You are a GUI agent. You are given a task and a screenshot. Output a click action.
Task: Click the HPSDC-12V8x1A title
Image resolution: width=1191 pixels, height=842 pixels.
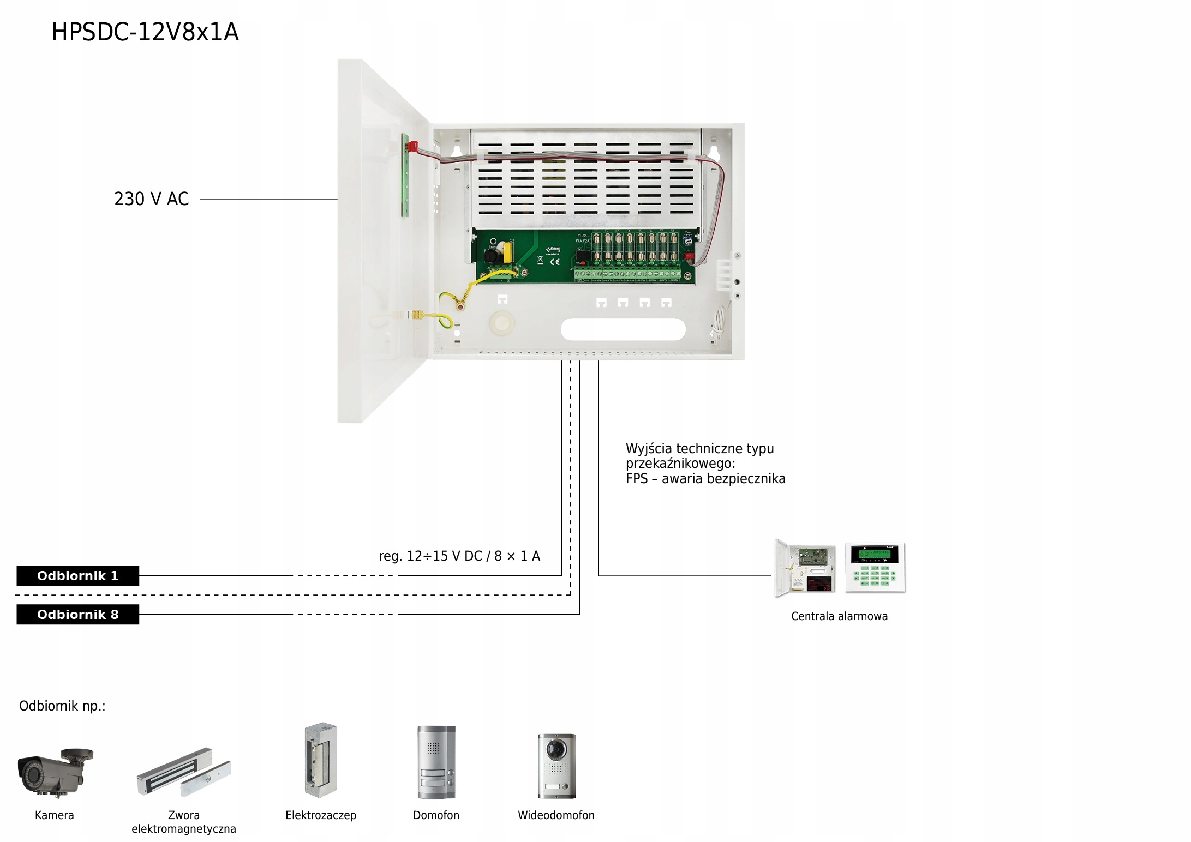coord(145,32)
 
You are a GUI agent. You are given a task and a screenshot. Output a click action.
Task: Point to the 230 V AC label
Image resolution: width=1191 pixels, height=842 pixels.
coord(151,199)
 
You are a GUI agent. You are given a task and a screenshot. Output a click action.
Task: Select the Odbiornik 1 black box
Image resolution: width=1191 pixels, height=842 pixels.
coord(77,576)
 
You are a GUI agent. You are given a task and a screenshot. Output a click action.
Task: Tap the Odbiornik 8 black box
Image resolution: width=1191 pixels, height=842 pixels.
coord(77,615)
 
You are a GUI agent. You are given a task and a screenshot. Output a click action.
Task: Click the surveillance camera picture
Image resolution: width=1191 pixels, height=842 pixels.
coord(55,770)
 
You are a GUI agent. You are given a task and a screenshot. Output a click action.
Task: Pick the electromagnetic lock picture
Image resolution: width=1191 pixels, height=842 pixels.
coord(183,772)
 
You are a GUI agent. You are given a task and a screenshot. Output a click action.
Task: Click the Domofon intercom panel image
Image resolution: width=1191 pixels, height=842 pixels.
coord(436,762)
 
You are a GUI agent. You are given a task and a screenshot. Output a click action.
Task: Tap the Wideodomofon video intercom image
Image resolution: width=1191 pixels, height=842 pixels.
coord(556,766)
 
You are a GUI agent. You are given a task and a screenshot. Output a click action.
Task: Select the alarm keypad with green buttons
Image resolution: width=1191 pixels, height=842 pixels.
coord(875,568)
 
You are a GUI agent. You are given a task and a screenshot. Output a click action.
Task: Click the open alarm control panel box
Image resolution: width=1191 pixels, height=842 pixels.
coord(805,568)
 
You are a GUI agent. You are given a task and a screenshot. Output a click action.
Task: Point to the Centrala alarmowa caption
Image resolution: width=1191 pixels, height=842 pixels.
coord(839,616)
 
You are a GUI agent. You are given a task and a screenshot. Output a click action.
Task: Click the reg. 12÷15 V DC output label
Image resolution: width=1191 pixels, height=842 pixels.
coord(459,556)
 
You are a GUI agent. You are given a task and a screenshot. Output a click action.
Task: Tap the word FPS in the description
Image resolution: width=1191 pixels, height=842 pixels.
coord(636,479)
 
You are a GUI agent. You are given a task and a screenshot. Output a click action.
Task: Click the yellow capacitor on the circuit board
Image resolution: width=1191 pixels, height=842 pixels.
coord(508,252)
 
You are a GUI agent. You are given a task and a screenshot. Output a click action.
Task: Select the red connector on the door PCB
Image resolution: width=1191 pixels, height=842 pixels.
coord(412,146)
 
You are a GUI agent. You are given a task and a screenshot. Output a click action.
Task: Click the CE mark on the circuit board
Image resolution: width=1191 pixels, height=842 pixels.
coord(555,262)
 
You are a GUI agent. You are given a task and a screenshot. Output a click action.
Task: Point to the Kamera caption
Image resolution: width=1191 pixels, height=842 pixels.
coord(54,815)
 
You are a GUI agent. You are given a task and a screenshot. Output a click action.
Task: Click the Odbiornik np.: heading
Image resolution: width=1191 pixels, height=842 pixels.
coord(62,706)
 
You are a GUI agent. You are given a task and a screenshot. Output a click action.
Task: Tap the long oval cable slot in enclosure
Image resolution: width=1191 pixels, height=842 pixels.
coord(623,329)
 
